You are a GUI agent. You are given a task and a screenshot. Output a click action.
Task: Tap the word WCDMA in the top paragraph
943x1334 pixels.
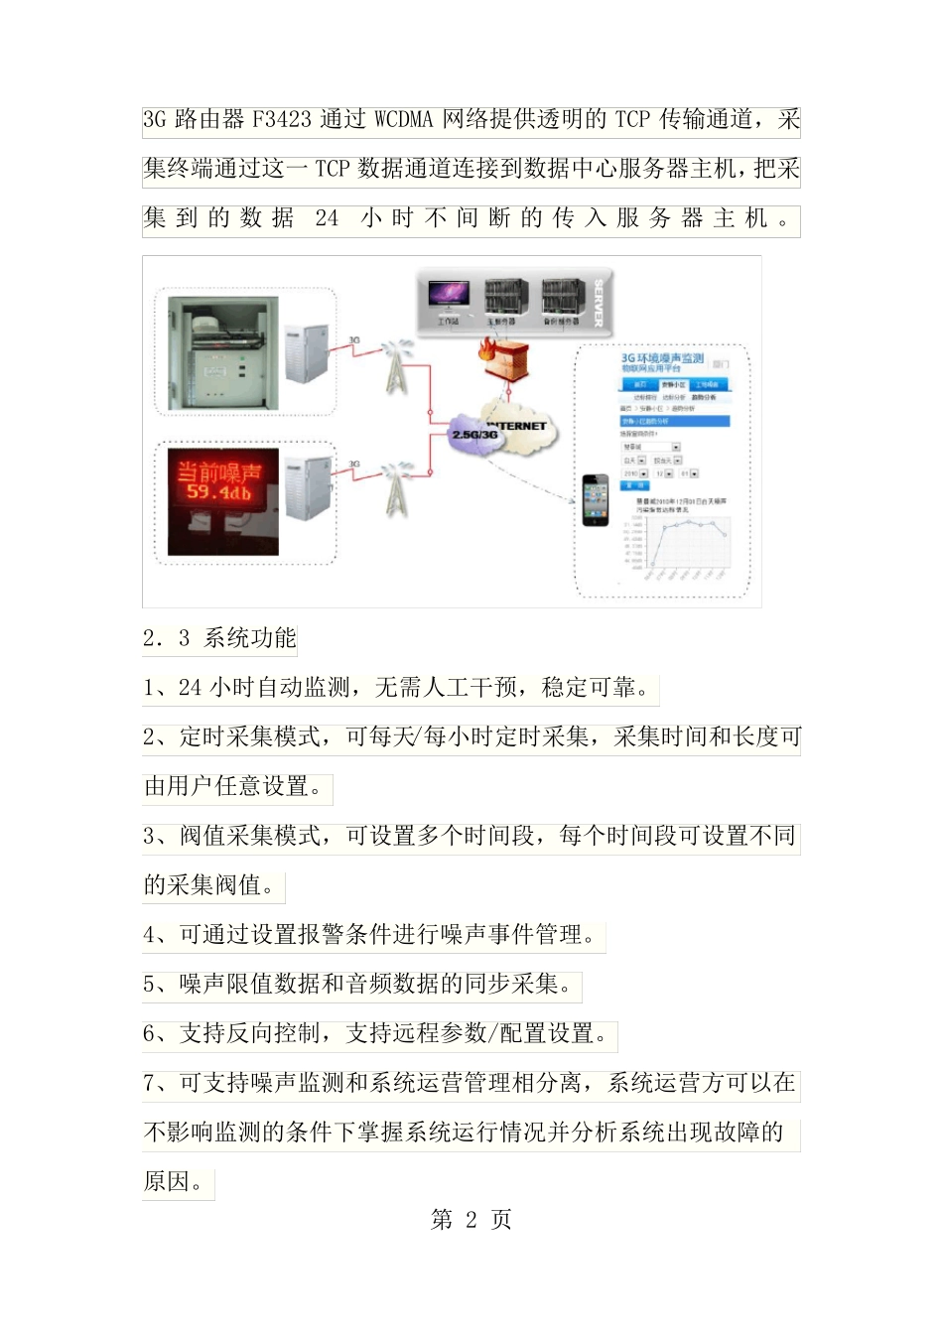pos(404,120)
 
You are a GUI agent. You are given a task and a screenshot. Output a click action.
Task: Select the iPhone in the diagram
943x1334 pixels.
pos(596,500)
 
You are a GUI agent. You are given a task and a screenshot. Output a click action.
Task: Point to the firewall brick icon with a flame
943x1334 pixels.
pos(506,356)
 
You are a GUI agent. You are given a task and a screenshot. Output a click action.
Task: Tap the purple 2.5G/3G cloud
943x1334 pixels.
pos(475,436)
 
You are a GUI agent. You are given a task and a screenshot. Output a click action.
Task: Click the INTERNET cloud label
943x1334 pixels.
pos(518,425)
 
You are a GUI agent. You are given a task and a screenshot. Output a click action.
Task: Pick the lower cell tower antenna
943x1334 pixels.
pos(396,487)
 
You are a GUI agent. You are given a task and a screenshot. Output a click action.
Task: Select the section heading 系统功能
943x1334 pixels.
pos(250,638)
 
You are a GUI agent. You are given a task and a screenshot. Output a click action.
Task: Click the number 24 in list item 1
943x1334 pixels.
pos(190,688)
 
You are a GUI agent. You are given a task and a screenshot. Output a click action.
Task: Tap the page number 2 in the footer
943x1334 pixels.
pos(471,1220)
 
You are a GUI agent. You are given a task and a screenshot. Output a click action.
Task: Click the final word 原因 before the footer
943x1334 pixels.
pos(167,1182)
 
